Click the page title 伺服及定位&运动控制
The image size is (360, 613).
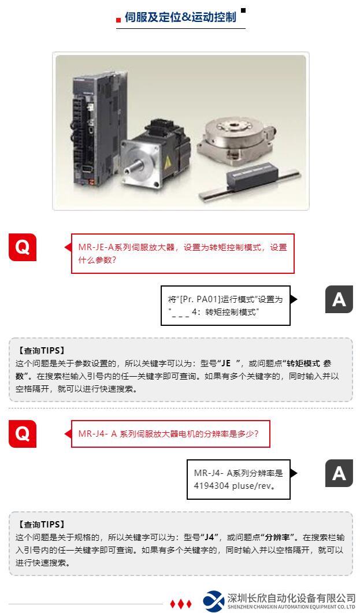pos(180,17)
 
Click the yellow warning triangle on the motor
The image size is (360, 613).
pos(168,162)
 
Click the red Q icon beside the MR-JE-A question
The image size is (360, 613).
pos(23,247)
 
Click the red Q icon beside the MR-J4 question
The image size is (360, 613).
pos(23,433)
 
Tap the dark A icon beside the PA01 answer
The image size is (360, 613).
pos(339,299)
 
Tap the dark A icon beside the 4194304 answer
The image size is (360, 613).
pos(339,473)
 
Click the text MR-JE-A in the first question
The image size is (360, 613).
pos(96,247)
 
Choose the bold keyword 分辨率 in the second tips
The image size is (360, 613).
pos(278,537)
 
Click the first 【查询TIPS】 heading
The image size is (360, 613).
pos(41,350)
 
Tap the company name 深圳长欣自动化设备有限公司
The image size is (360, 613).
pos(291,598)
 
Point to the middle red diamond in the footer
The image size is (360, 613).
pos(181,604)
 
